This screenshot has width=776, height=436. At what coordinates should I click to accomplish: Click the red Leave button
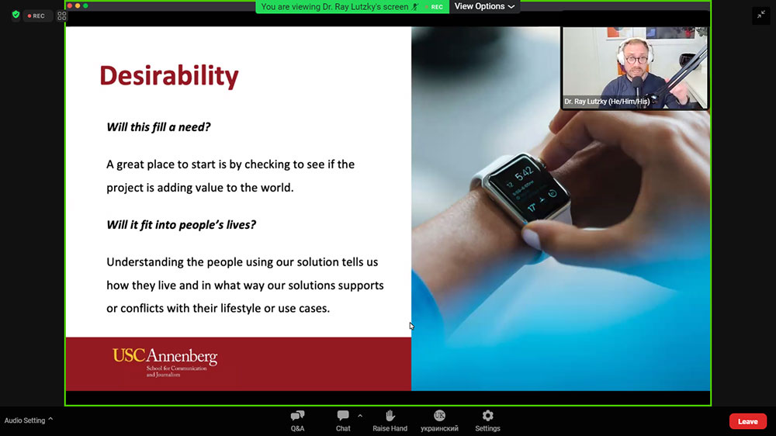tap(748, 421)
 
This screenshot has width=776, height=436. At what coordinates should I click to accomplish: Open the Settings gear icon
tap(487, 415)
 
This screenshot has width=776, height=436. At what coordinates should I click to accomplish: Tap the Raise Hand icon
tap(390, 415)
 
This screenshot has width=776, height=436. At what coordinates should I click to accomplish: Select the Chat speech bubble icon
tap(343, 415)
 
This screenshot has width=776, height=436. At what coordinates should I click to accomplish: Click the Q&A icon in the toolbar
tap(297, 415)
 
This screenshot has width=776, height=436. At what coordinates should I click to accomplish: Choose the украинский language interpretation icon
tap(439, 415)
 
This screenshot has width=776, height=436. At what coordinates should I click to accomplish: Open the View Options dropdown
tap(484, 6)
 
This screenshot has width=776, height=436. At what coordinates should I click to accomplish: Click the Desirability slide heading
tap(169, 76)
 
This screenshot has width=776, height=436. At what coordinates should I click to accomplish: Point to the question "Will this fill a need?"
tap(158, 127)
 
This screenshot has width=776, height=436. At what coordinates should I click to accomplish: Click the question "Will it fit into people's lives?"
tap(181, 225)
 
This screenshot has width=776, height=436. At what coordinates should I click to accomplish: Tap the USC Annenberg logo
tap(165, 362)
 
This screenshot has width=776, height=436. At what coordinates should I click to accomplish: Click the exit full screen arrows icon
tap(761, 15)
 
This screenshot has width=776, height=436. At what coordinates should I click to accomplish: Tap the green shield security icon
tap(16, 15)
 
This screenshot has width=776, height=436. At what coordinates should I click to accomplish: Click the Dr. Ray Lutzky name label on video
tap(607, 102)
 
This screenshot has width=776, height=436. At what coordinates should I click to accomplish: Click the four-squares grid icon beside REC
tap(62, 16)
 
